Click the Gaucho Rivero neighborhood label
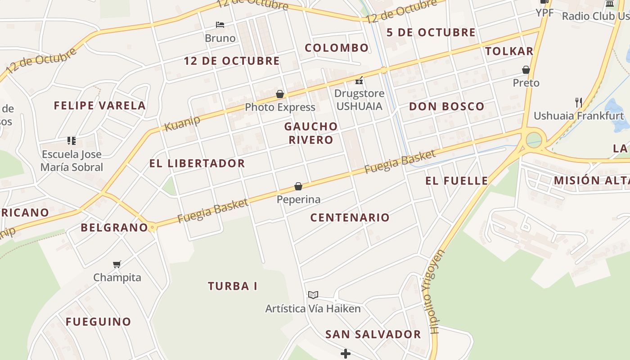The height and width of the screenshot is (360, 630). point(311,133)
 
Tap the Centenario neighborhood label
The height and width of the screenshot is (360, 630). point(350,218)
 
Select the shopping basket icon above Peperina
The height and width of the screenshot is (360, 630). point(298,186)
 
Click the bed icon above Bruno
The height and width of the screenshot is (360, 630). point(220,24)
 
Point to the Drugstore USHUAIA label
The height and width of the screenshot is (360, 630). point(359,100)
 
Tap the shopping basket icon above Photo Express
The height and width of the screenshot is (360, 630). point(280,94)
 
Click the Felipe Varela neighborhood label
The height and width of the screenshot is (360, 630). point(99,106)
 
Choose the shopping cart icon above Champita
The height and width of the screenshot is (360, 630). point(117,264)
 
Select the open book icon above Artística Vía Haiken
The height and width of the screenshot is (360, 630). point(313,295)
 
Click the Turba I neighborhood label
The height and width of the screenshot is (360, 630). point(232,286)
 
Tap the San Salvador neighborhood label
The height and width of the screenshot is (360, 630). point(373,334)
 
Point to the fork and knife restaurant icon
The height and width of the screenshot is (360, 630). point(579,103)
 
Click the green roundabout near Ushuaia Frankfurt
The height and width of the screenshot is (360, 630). point(534,139)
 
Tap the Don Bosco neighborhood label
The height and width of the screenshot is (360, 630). point(446,107)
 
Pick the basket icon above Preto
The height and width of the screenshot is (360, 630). point(526,70)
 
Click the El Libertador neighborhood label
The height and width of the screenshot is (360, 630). point(197,163)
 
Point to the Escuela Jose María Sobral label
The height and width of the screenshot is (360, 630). point(72,161)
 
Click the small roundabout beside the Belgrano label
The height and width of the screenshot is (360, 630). point(153,228)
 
